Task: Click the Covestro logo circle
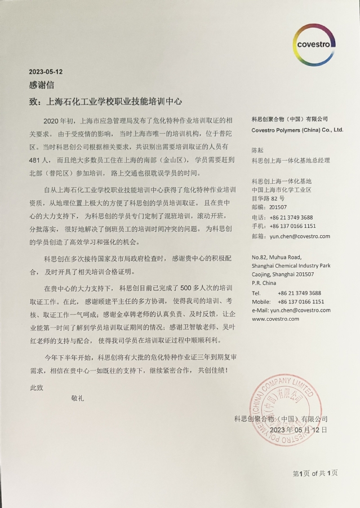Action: coord(314,44)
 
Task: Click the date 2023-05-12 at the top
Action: coord(46,72)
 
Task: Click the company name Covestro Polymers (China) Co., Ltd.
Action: coord(297,130)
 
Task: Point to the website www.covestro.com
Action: coord(275,319)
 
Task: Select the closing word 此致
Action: coord(36,387)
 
